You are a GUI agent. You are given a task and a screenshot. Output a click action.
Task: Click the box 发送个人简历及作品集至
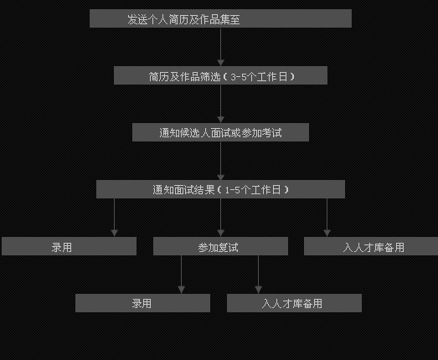click(220, 18)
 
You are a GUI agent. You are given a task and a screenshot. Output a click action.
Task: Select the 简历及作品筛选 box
click(220, 75)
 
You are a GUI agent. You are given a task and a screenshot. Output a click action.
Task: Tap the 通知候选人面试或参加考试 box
click(220, 132)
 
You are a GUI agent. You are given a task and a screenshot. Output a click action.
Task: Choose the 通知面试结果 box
click(220, 189)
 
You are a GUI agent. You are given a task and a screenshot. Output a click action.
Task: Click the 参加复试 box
click(220, 246)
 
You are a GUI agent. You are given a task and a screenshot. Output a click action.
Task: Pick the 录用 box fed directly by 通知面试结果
click(69, 246)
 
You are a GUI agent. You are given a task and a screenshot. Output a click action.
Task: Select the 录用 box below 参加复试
click(142, 303)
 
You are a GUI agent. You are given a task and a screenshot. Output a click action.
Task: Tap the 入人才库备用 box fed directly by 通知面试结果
click(371, 246)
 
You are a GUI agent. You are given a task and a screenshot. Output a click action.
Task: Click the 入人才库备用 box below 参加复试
click(294, 303)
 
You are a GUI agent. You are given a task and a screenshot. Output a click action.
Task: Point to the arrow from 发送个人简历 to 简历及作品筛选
click(221, 47)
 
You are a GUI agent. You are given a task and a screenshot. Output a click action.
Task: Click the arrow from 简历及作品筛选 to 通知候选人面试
click(221, 104)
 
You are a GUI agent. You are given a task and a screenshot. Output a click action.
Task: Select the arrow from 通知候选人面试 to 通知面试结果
click(221, 161)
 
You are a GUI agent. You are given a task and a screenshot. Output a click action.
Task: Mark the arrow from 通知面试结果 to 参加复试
click(221, 218)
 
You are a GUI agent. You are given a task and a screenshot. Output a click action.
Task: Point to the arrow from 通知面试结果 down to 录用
click(114, 218)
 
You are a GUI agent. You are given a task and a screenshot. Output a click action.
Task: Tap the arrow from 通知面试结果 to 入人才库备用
click(327, 218)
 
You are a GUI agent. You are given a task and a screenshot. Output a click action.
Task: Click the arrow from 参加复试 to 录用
click(181, 275)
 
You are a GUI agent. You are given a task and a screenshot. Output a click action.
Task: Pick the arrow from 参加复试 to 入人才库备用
click(259, 275)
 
